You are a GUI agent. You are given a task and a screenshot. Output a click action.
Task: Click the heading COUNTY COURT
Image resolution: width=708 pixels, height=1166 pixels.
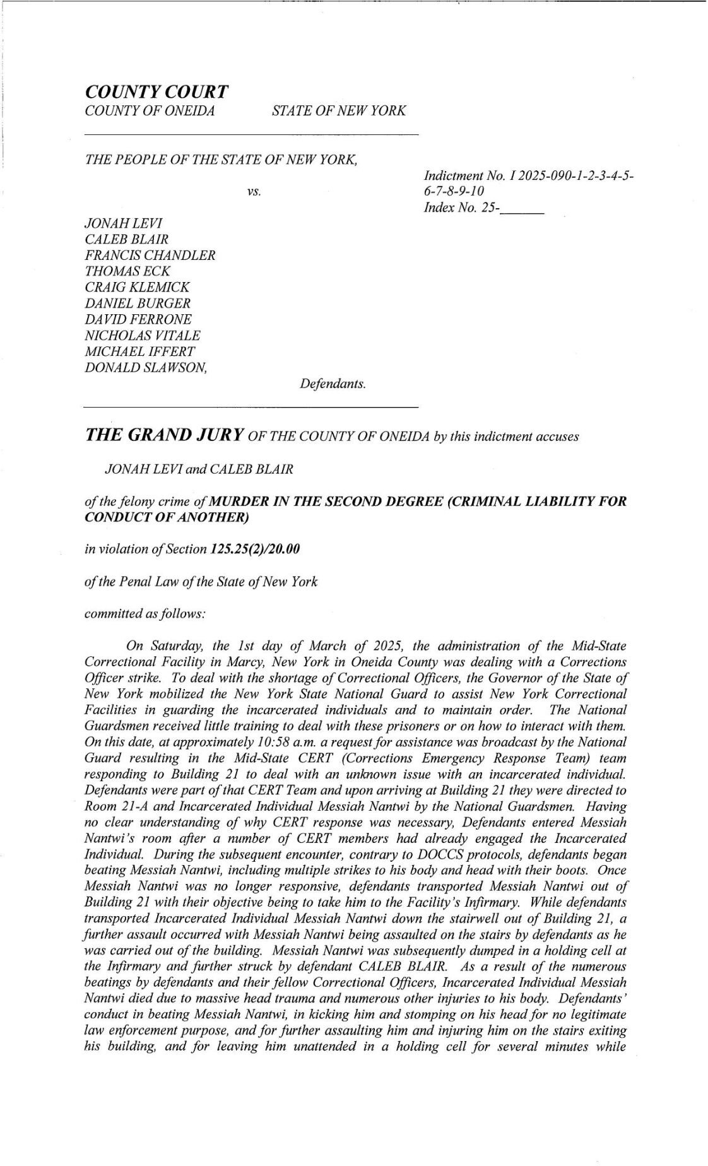click(x=156, y=92)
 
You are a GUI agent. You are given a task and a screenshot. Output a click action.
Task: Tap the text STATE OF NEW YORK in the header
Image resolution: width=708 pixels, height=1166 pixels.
click(x=339, y=111)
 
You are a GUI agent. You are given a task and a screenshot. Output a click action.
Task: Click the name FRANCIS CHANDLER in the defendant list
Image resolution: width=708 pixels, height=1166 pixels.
click(x=150, y=256)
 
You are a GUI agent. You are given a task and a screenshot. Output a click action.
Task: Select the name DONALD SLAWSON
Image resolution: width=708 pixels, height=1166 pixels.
click(x=146, y=368)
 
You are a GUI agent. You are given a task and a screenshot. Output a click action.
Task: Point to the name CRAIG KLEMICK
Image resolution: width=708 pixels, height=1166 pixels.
click(x=137, y=288)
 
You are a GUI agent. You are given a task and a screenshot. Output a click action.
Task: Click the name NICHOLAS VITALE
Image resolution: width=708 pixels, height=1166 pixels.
click(x=142, y=336)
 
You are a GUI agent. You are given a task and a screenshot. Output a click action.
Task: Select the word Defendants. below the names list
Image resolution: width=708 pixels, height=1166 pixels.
click(x=333, y=384)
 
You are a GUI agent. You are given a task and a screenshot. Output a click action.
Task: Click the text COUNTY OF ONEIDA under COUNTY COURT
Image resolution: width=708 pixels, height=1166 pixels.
click(x=150, y=111)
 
